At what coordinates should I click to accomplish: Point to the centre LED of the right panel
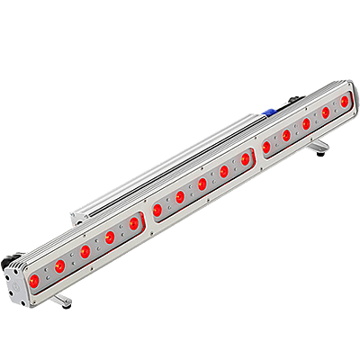click(306, 123)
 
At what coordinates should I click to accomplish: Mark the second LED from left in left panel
click(84, 251)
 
